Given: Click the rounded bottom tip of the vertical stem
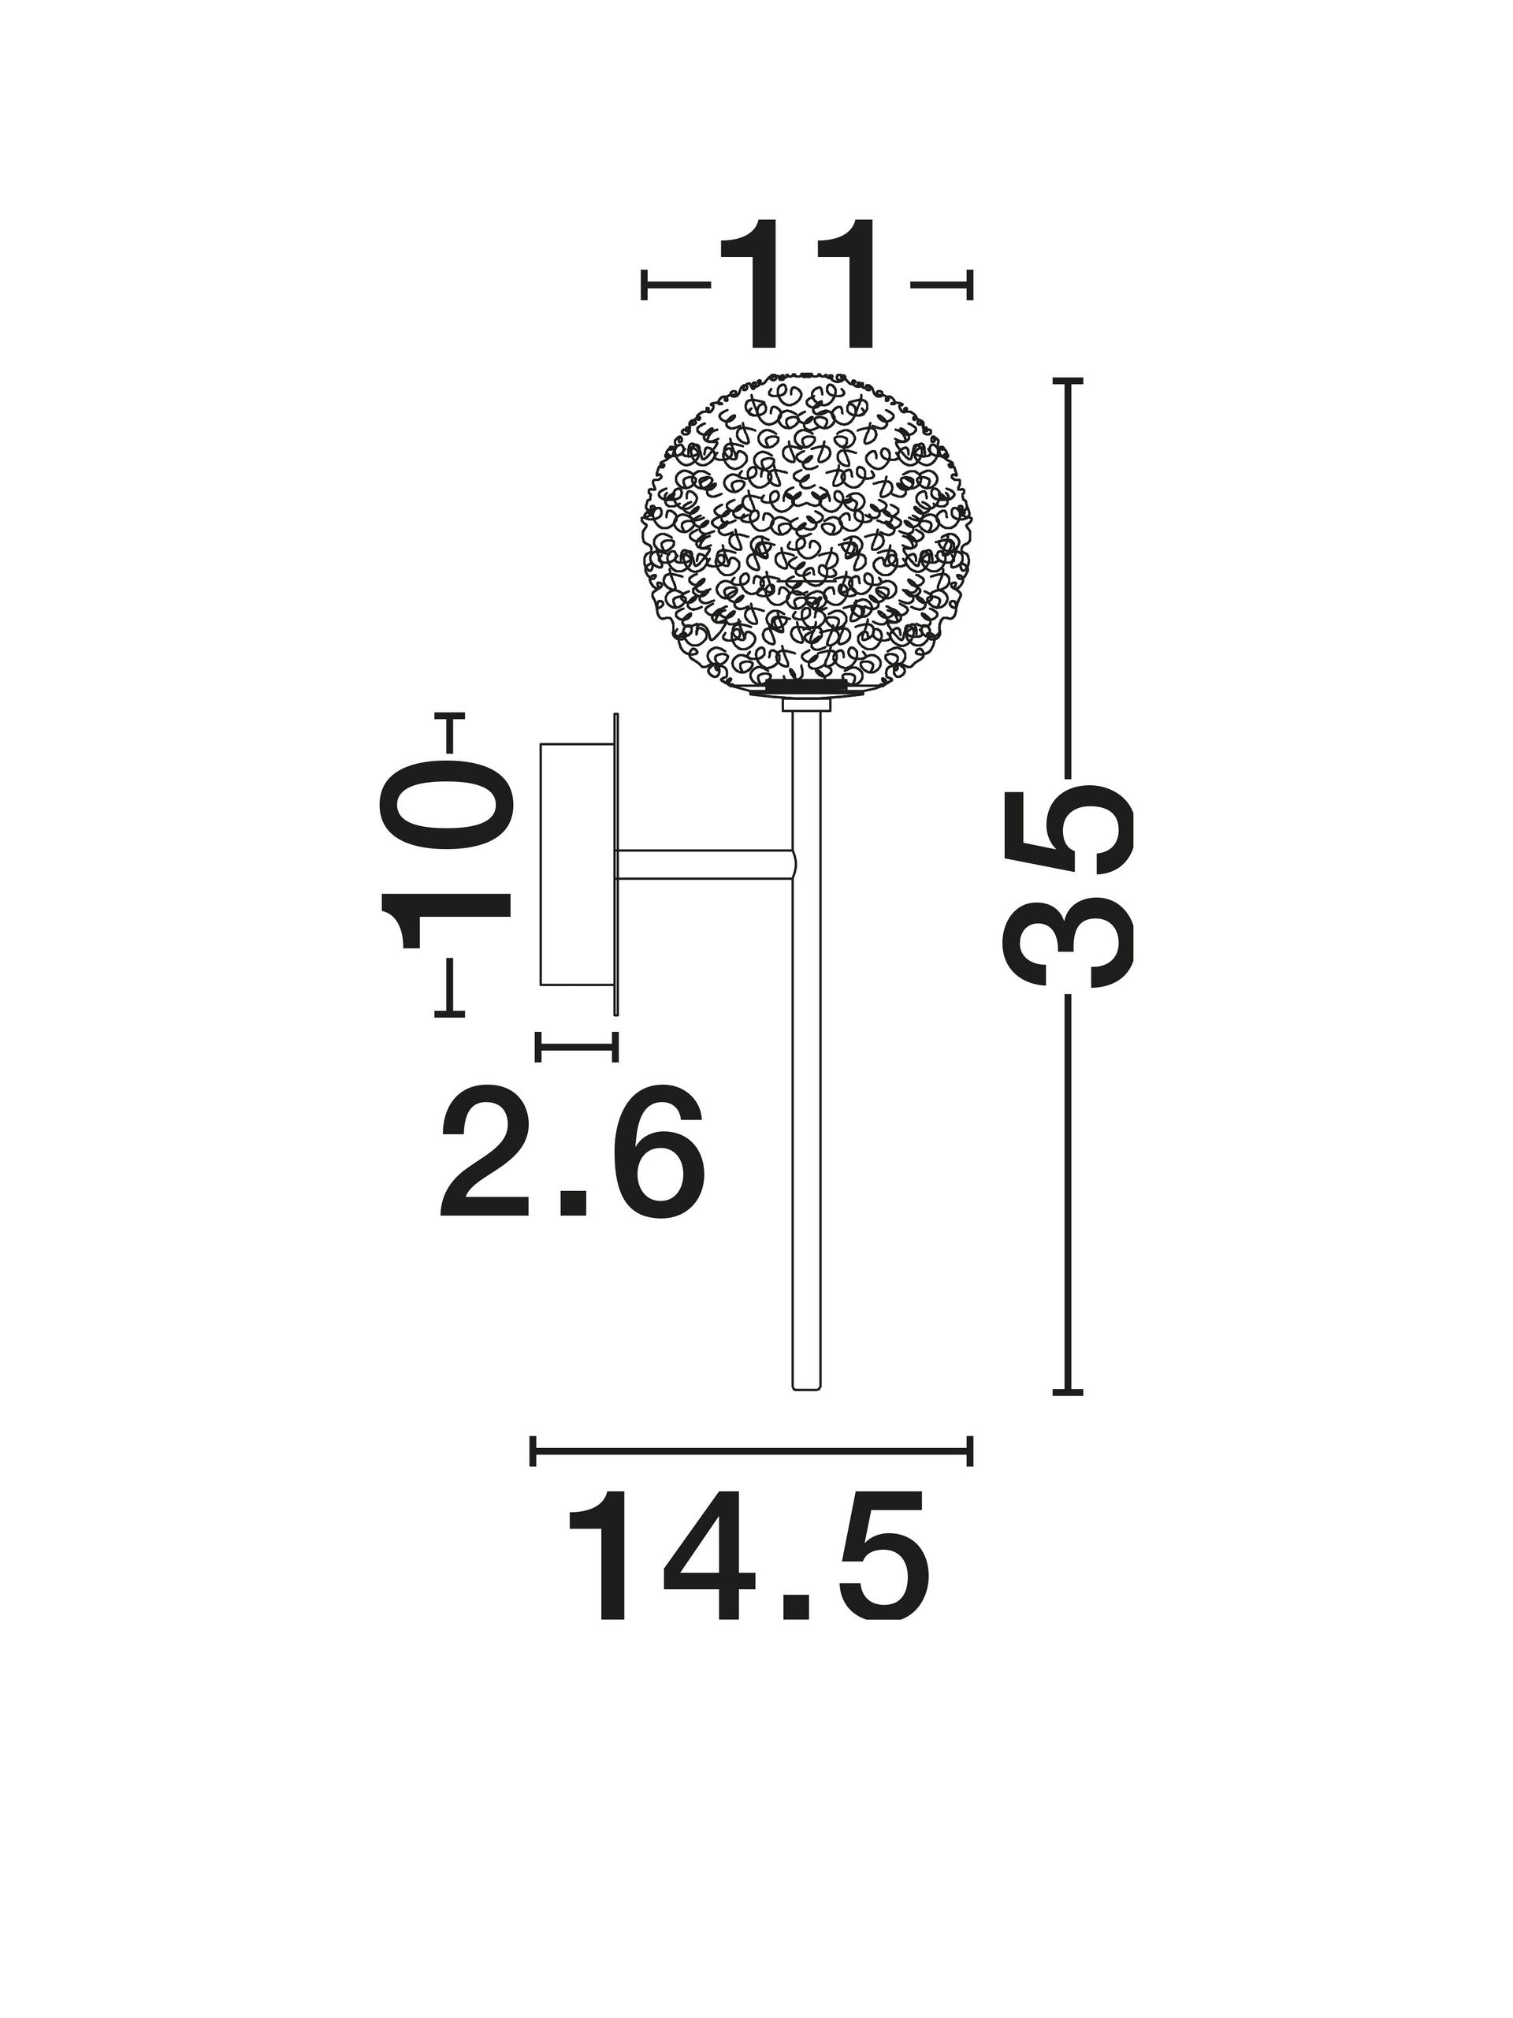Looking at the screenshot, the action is pyautogui.click(x=806, y=1415).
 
